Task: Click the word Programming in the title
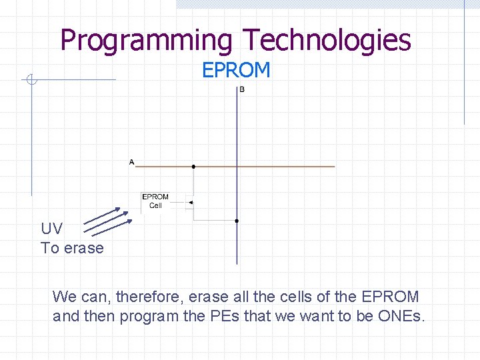click(x=146, y=40)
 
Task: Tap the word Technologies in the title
click(x=327, y=40)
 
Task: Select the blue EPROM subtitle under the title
click(x=236, y=70)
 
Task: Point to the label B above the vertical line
click(x=241, y=89)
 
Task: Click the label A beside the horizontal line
click(x=131, y=161)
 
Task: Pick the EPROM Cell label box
click(x=155, y=201)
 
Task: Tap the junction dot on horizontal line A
click(x=193, y=167)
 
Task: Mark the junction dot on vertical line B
click(x=237, y=220)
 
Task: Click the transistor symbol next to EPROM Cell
click(x=191, y=203)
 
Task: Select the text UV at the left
click(x=51, y=229)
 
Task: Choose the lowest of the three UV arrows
click(x=111, y=227)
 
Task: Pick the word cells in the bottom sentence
click(x=291, y=296)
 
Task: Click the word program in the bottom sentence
click(x=147, y=316)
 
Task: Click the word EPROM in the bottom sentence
click(x=390, y=296)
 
